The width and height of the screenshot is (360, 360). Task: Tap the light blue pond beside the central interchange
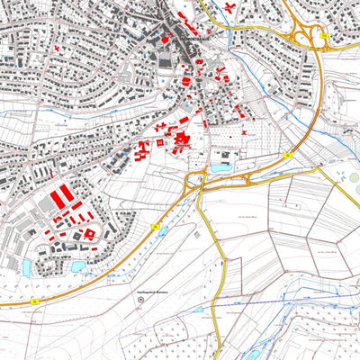[x=220, y=167]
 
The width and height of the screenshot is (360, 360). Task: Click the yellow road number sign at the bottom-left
[x=34, y=302]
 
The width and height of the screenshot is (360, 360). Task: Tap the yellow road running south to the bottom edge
[x=220, y=270]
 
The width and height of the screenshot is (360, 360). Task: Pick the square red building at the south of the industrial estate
[x=89, y=234]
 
